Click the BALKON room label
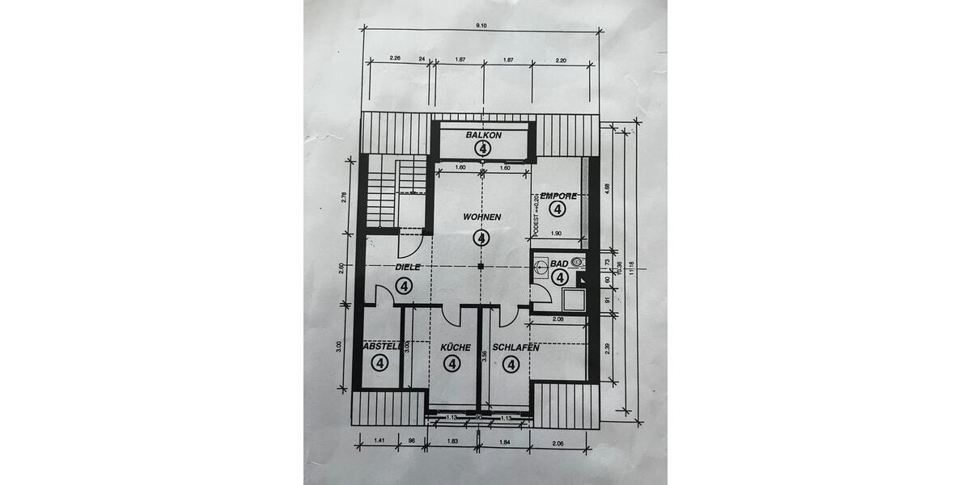pos(485,136)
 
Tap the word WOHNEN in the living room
pos(482,217)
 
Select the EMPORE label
pos(558,196)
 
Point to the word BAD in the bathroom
pos(558,264)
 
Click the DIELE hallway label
pos(409,267)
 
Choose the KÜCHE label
pos(455,348)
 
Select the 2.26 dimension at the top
pos(395,58)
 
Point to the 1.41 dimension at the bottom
pos(379,441)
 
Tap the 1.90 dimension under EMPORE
pos(556,234)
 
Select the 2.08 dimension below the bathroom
pos(558,320)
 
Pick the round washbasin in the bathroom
pos(576,262)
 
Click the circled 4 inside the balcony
pos(484,149)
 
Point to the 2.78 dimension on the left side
pos(344,196)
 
